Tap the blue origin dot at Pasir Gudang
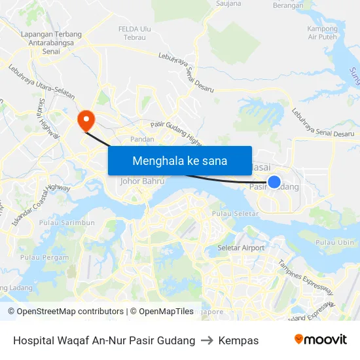(274, 182)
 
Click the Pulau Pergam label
(45, 257)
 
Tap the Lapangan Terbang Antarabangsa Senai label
(50, 43)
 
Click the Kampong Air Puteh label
(321, 33)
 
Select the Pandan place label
(142, 139)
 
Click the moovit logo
(320, 340)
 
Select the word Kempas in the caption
(238, 340)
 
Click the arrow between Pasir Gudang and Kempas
(207, 340)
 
